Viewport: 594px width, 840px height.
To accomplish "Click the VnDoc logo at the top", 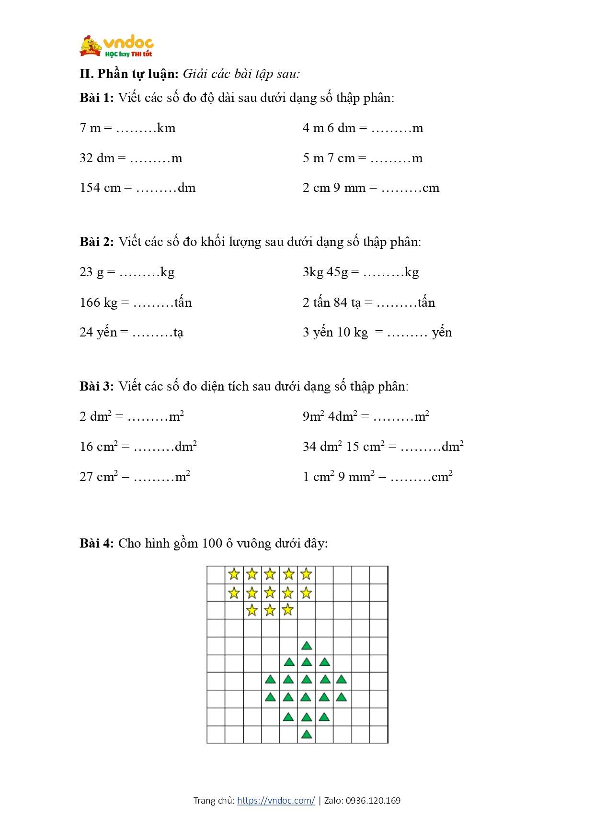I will pos(116,46).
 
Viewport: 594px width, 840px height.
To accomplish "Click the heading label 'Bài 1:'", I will pos(96,98).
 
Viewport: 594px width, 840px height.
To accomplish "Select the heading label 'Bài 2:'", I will pos(96,242).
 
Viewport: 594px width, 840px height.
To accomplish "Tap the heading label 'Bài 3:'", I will pos(96,387).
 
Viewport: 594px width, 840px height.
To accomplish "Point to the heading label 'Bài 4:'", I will pos(96,544).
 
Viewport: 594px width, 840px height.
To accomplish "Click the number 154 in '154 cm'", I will pos(90,188).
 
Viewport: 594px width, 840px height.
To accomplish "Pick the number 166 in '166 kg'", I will pos(90,303).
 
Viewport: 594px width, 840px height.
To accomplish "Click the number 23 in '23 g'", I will pos(86,272).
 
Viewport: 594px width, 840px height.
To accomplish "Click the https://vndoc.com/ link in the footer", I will pos(276,800).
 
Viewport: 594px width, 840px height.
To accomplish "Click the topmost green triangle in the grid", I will pos(307,646).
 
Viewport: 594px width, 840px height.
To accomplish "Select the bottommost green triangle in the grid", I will pos(307,734).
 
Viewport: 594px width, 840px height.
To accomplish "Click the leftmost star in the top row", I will pos(234,574).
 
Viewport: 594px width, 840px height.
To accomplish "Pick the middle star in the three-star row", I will pos(270,610).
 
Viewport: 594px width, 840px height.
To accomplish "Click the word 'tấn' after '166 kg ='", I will pos(183,303).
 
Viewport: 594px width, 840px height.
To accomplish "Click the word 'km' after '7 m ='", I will pos(166,128).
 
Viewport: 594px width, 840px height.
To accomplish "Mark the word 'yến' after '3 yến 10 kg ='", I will pos(442,333).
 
